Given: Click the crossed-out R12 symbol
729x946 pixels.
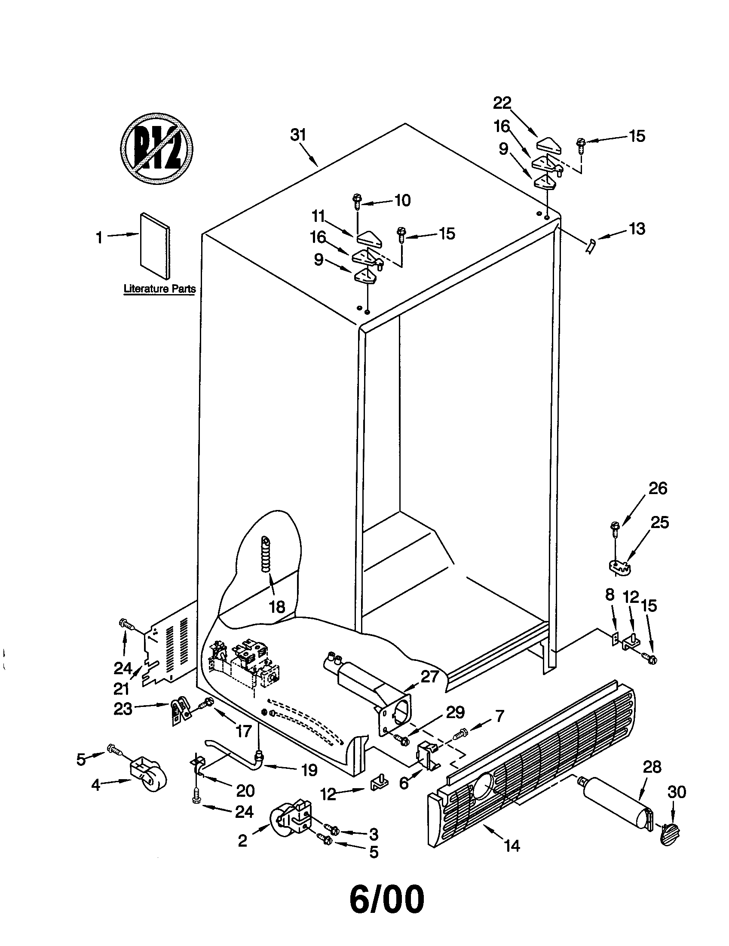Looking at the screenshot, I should pyautogui.click(x=156, y=149).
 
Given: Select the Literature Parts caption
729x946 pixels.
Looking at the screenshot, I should pyautogui.click(x=159, y=289).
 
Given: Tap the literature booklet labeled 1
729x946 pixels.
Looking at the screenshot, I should pyautogui.click(x=155, y=245).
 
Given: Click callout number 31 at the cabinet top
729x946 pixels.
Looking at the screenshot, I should pyautogui.click(x=298, y=135).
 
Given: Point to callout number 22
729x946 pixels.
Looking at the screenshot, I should pyautogui.click(x=502, y=103).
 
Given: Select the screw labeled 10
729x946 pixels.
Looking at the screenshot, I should pyautogui.click(x=357, y=201).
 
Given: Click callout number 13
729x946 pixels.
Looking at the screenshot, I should pyautogui.click(x=637, y=229).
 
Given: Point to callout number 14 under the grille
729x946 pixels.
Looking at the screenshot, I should pyautogui.click(x=512, y=845).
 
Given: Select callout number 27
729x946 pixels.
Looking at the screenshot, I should pyautogui.click(x=429, y=676).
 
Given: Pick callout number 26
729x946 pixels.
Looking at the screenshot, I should pyautogui.click(x=658, y=488).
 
